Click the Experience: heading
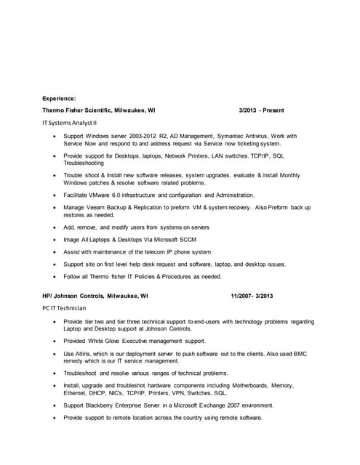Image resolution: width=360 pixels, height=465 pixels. pos(59,98)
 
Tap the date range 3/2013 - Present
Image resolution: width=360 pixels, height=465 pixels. pos(261,110)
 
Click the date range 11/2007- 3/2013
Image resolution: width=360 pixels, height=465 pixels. pos(252,296)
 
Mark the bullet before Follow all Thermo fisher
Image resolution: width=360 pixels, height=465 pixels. pos(55,276)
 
